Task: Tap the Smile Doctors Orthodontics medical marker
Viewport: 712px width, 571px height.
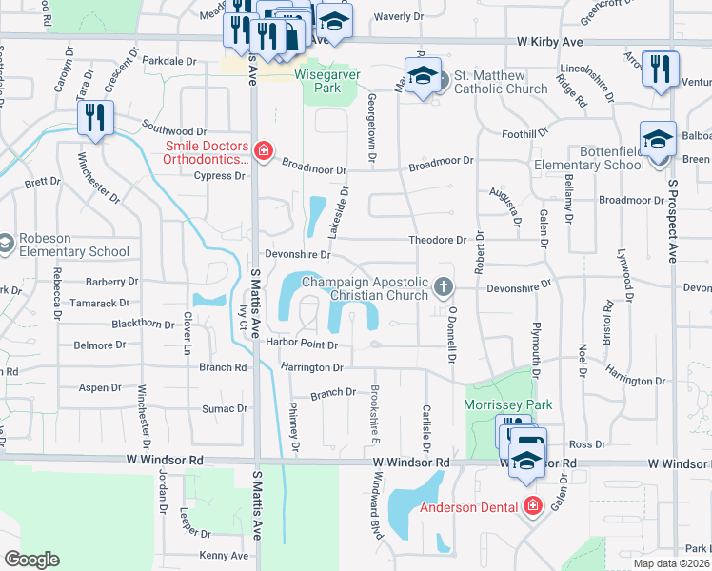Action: click(x=264, y=150)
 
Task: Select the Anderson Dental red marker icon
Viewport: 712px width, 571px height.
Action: click(x=532, y=505)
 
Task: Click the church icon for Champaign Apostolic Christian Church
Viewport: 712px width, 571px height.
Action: click(x=442, y=286)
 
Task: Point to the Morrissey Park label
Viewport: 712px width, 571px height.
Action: click(x=507, y=405)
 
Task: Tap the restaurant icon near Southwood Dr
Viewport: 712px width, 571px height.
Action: click(x=96, y=118)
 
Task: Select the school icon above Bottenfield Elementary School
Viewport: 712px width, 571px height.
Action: click(x=655, y=140)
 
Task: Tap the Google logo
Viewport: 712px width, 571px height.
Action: click(x=31, y=560)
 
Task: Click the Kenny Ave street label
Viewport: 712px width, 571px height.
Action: click(x=224, y=556)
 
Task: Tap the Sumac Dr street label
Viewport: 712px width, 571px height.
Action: click(x=225, y=408)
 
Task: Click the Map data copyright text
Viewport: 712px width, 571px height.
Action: click(x=672, y=563)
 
